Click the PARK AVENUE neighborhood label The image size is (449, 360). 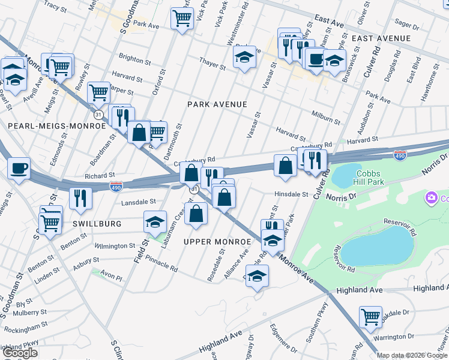[217, 104]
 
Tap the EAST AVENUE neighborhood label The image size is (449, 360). [381, 38]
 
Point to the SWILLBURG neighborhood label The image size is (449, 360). [97, 224]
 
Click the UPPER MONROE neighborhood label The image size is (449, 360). [217, 241]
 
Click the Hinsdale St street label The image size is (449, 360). [291, 194]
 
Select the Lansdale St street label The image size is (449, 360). [138, 202]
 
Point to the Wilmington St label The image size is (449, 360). [115, 246]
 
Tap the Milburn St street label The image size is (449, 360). [325, 117]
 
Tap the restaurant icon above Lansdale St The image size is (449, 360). [80, 198]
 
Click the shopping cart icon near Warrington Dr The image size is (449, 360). [370, 316]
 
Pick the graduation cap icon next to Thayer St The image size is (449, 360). [244, 58]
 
